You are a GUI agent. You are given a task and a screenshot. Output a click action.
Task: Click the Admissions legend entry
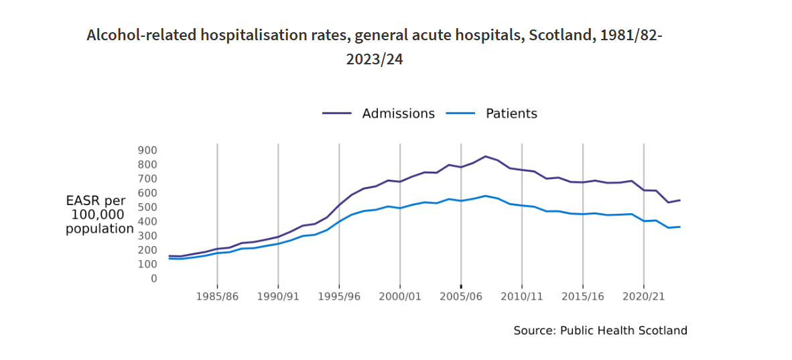(398, 114)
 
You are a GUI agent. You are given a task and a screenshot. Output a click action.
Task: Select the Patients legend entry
(511, 114)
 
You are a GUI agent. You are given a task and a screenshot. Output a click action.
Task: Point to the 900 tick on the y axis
(148, 150)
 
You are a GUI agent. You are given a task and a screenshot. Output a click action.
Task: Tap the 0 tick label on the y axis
(153, 278)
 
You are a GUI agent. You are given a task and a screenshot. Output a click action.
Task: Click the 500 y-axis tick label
(148, 207)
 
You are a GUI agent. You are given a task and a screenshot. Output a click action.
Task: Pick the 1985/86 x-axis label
(217, 296)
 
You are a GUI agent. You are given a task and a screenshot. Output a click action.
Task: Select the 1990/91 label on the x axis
(278, 296)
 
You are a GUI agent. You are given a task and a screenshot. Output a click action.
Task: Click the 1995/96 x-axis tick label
(339, 296)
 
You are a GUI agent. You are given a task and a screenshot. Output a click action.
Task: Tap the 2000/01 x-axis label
(400, 296)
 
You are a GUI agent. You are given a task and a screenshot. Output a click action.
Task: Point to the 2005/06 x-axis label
(461, 296)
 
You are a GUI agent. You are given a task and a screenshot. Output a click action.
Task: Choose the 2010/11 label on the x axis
(522, 296)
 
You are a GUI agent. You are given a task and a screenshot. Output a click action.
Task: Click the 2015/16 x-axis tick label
(583, 296)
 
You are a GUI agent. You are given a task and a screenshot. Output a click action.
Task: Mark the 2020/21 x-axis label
(644, 296)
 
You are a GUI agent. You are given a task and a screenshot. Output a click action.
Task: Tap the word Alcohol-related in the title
(140, 36)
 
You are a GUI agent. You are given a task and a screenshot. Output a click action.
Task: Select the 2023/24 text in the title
(374, 59)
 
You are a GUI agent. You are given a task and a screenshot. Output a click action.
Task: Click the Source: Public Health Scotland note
(600, 331)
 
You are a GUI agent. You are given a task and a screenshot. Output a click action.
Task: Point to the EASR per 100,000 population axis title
(100, 215)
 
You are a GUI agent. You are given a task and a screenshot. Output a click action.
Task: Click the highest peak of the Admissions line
(486, 156)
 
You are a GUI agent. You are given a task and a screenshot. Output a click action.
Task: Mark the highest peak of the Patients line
(486, 196)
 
